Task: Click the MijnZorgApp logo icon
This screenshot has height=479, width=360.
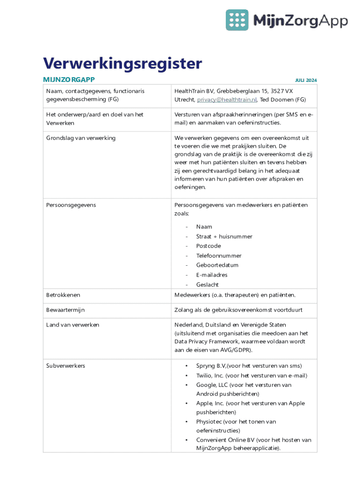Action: tap(237, 20)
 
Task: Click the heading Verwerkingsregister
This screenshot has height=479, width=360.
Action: tap(122, 63)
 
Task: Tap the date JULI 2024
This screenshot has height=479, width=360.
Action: tap(306, 80)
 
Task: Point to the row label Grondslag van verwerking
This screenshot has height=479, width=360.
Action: tap(81, 138)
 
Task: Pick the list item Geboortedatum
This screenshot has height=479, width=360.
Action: tap(217, 265)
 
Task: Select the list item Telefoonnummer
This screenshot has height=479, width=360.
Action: tap(219, 256)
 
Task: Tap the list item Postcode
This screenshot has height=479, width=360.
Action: tap(209, 246)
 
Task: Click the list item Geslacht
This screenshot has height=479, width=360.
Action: tap(207, 284)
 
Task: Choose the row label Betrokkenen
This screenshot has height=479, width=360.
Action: tap(63, 295)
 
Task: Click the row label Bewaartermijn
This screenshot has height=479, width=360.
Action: tap(65, 310)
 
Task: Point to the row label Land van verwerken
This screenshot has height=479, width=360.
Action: tap(72, 325)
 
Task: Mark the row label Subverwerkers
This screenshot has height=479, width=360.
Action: tap(65, 366)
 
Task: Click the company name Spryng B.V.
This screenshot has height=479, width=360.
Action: tap(211, 366)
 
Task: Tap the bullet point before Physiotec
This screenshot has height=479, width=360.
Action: tap(187, 421)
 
